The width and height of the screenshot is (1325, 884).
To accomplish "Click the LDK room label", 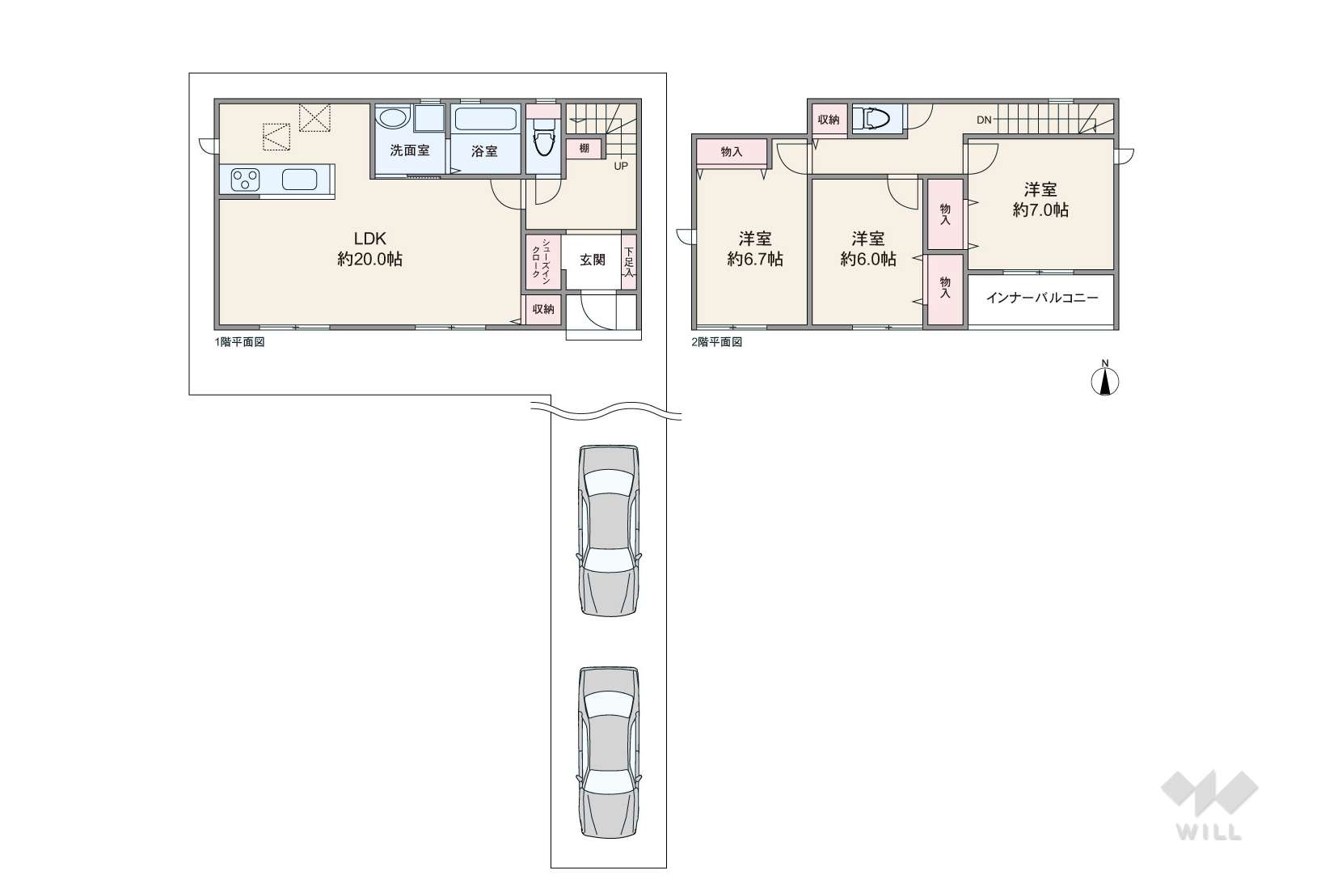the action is (369, 239).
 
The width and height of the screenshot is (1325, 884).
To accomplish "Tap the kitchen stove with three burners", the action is (245, 180).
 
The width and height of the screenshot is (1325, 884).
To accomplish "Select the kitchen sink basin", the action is (299, 180).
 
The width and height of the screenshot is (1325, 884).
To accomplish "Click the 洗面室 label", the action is (409, 150).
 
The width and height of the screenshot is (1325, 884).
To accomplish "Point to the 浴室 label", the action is (484, 151).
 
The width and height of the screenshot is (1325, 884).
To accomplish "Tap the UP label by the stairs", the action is (621, 167).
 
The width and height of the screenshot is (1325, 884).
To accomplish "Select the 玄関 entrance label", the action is (592, 260).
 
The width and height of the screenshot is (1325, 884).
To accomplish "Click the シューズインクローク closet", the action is (542, 262).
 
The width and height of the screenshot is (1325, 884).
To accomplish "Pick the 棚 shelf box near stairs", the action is (584, 148).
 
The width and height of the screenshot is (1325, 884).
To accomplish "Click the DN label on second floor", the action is (984, 121).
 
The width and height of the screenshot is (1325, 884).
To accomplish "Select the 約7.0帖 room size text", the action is (1040, 210).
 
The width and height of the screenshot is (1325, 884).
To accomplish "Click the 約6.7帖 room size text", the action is (755, 259).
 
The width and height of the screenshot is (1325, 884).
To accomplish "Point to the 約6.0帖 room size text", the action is (868, 259).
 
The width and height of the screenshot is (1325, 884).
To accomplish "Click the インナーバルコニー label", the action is (1042, 298).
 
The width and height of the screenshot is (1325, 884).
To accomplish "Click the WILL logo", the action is (1209, 806).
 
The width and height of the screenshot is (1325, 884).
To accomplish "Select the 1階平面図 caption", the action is (239, 342).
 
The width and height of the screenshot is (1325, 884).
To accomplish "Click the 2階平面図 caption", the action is (717, 342).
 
